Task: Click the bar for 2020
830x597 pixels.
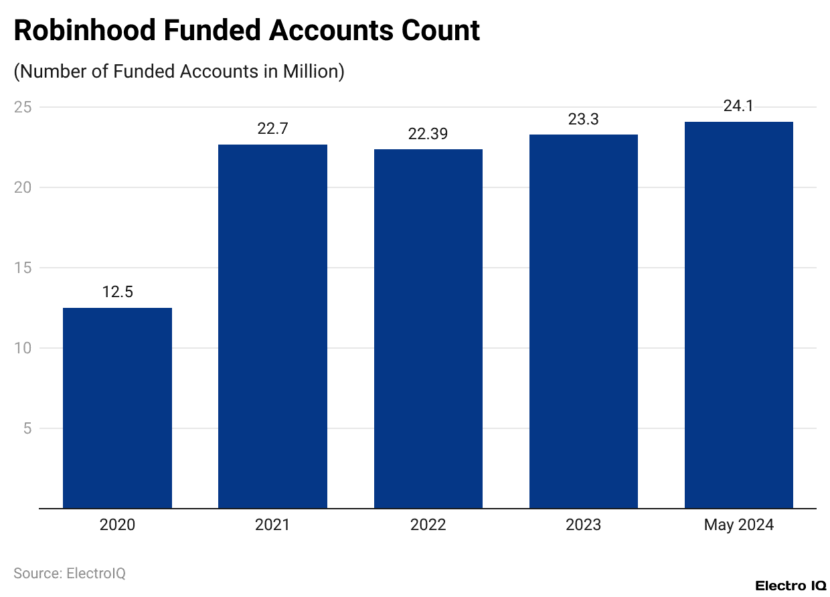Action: click(x=117, y=408)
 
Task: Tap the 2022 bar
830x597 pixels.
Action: click(x=428, y=329)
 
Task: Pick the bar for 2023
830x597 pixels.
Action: click(x=584, y=321)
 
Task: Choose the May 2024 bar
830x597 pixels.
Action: click(x=739, y=315)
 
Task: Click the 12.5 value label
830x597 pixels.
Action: click(x=117, y=292)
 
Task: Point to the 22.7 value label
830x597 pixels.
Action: click(x=272, y=129)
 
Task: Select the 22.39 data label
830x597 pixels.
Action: click(x=428, y=134)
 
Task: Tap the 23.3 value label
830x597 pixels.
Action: click(x=584, y=119)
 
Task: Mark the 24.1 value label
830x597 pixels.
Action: click(x=739, y=106)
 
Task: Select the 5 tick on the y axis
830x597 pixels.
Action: click(x=27, y=428)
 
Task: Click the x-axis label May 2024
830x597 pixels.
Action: click(x=739, y=525)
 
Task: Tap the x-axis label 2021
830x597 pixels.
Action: click(x=272, y=525)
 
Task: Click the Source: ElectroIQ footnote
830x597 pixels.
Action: click(x=70, y=574)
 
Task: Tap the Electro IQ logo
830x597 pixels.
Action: click(x=791, y=586)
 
